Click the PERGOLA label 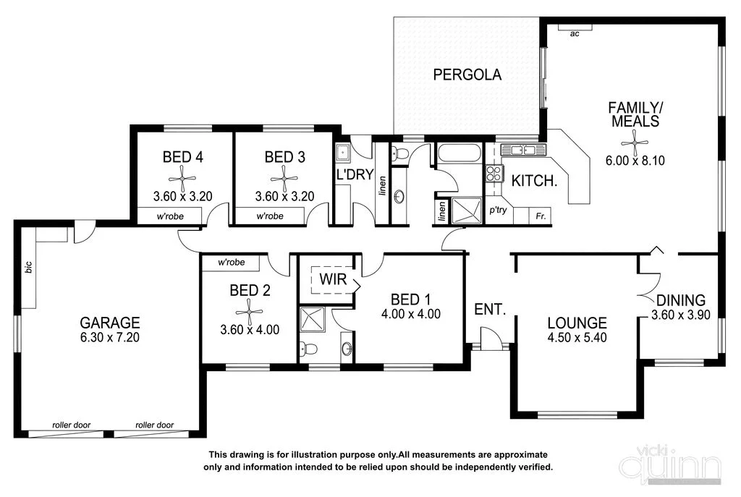(467, 74)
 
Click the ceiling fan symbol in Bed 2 (250, 310)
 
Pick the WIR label (334, 279)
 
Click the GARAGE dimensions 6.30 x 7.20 (110, 338)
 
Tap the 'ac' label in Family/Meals (575, 33)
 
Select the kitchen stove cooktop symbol (494, 173)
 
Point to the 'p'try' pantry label (497, 210)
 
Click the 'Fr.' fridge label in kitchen (540, 216)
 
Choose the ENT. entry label (489, 309)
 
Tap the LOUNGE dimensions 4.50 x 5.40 (577, 338)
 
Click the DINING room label (680, 300)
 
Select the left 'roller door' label (71, 425)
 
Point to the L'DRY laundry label (353, 174)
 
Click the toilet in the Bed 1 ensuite (310, 349)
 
